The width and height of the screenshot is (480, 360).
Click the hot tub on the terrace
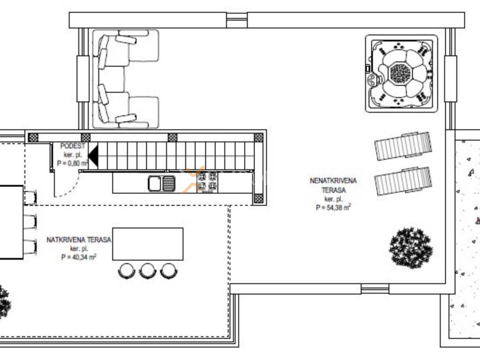[401, 74]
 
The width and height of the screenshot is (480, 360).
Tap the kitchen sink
[162, 183]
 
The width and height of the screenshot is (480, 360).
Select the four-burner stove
[207, 182]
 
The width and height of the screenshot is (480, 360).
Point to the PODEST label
[73, 146]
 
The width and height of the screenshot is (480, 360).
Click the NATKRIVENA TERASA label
[79, 240]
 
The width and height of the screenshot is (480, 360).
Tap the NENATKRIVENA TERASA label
[333, 185]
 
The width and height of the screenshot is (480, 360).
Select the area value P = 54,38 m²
[333, 208]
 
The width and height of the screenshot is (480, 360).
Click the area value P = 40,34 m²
[79, 257]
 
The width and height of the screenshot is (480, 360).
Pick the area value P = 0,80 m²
[73, 163]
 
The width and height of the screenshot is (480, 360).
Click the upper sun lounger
[403, 146]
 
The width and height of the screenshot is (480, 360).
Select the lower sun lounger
[403, 181]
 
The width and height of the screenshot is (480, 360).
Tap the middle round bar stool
[148, 271]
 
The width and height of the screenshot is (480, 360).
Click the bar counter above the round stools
[148, 244]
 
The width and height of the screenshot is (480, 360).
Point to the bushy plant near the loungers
[411, 247]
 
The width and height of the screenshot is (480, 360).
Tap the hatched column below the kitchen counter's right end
[259, 199]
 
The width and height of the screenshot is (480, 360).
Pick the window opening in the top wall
[237, 21]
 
